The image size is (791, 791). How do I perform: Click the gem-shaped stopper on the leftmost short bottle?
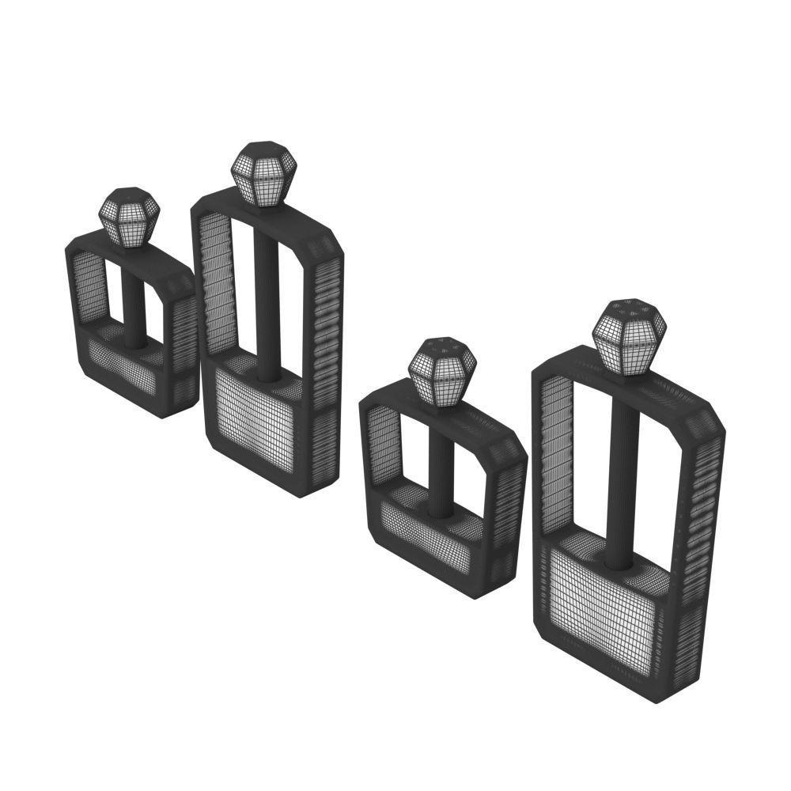tap(129, 216)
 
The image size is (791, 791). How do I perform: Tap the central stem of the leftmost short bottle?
tap(133, 308)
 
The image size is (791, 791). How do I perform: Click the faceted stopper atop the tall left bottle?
tap(263, 173)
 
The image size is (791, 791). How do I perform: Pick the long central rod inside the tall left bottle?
tap(267, 301)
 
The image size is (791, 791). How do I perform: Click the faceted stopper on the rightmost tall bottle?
tap(628, 335)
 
